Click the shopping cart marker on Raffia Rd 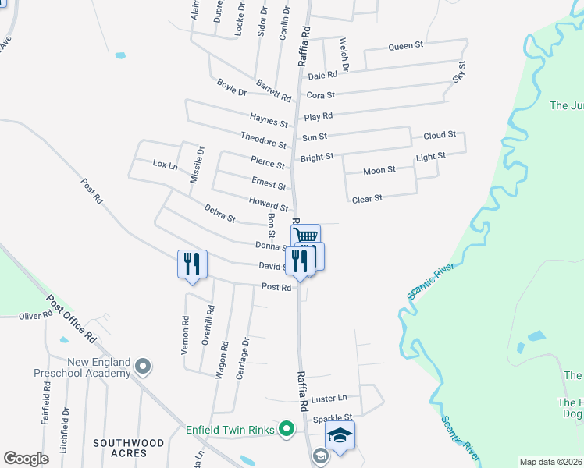[306, 236]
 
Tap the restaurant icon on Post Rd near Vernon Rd [192, 263]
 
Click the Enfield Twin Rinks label [230, 428]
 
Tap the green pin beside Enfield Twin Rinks [287, 428]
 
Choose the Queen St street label [405, 46]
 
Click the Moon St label [379, 170]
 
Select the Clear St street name [367, 199]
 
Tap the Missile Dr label [197, 165]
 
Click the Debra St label [219, 213]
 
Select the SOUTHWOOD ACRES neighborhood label [129, 448]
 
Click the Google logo [27, 458]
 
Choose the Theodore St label [263, 140]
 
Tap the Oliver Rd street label [34, 315]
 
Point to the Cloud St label [440, 135]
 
